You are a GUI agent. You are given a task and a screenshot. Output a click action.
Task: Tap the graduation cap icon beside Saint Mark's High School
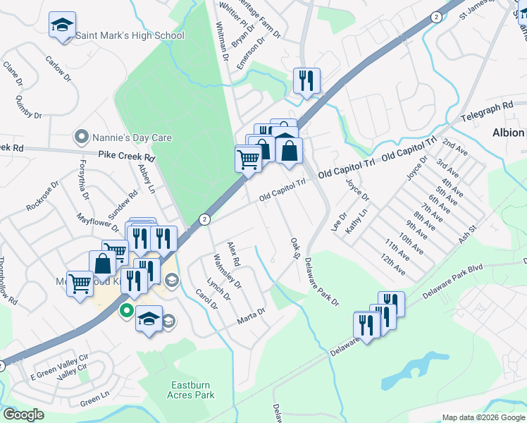pos(62,26)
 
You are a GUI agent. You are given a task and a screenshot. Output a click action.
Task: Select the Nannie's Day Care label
pos(125,136)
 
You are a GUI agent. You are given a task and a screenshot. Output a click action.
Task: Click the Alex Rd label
pos(234,254)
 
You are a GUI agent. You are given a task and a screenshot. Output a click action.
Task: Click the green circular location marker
pos(127,310)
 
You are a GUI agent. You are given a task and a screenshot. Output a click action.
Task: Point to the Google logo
pos(23,415)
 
